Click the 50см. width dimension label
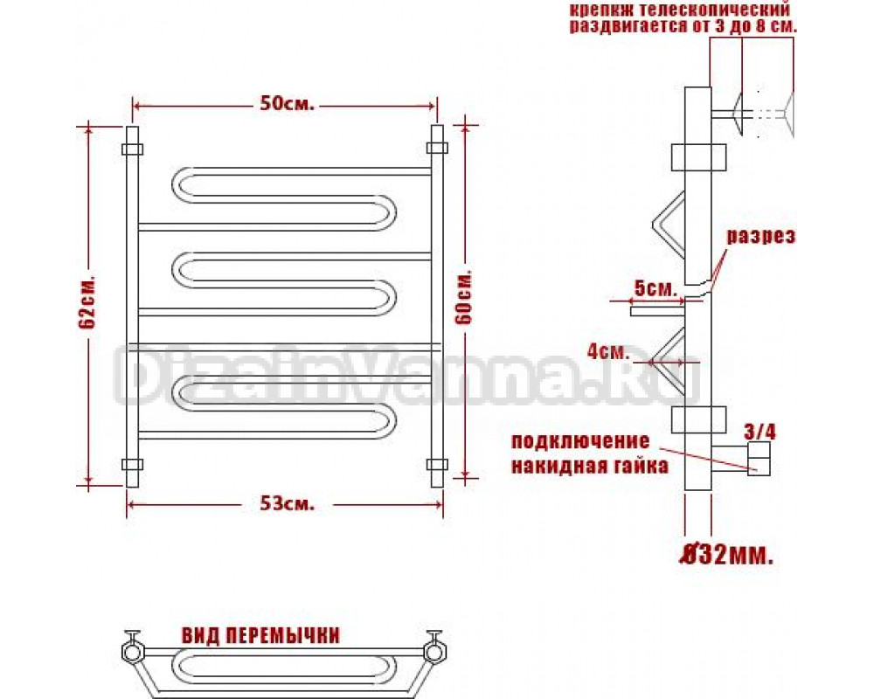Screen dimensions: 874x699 point(287,104)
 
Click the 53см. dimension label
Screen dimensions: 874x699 point(287,504)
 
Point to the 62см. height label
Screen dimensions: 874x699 point(87,301)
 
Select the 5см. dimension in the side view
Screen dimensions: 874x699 point(656,288)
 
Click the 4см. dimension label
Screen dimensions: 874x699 point(608,352)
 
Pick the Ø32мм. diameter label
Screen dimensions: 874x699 point(729,555)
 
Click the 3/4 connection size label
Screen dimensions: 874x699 point(760,432)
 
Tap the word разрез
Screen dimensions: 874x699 point(760,236)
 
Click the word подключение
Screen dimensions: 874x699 point(580,441)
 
